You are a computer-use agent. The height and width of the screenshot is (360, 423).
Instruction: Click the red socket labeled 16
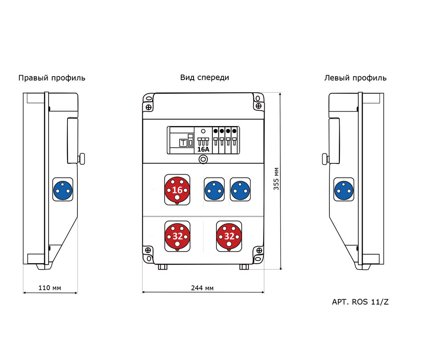click(177, 190)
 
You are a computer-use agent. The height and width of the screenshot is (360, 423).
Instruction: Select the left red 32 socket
click(177, 236)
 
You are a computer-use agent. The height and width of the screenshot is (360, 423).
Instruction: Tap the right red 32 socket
click(229, 236)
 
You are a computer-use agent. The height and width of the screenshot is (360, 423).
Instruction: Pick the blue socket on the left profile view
click(344, 189)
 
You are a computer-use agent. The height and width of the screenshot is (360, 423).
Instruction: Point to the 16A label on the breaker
click(203, 149)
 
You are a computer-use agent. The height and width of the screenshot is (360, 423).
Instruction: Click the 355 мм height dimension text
click(276, 179)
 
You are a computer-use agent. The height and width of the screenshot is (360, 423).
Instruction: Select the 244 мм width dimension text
click(202, 288)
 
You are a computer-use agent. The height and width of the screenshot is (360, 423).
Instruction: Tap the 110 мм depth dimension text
click(50, 288)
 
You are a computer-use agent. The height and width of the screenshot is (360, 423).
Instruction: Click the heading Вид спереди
click(205, 77)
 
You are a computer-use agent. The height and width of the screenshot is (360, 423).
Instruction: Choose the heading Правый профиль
click(52, 78)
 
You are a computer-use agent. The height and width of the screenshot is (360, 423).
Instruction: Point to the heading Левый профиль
click(355, 78)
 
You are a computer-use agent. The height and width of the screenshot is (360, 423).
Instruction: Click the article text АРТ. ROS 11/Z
click(360, 302)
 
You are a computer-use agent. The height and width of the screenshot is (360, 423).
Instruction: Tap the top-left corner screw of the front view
click(148, 106)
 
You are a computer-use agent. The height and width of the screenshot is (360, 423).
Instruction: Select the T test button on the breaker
click(183, 143)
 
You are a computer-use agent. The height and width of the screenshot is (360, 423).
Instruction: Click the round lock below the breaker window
click(203, 159)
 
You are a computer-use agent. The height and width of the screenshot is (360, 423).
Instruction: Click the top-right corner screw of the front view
click(258, 106)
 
